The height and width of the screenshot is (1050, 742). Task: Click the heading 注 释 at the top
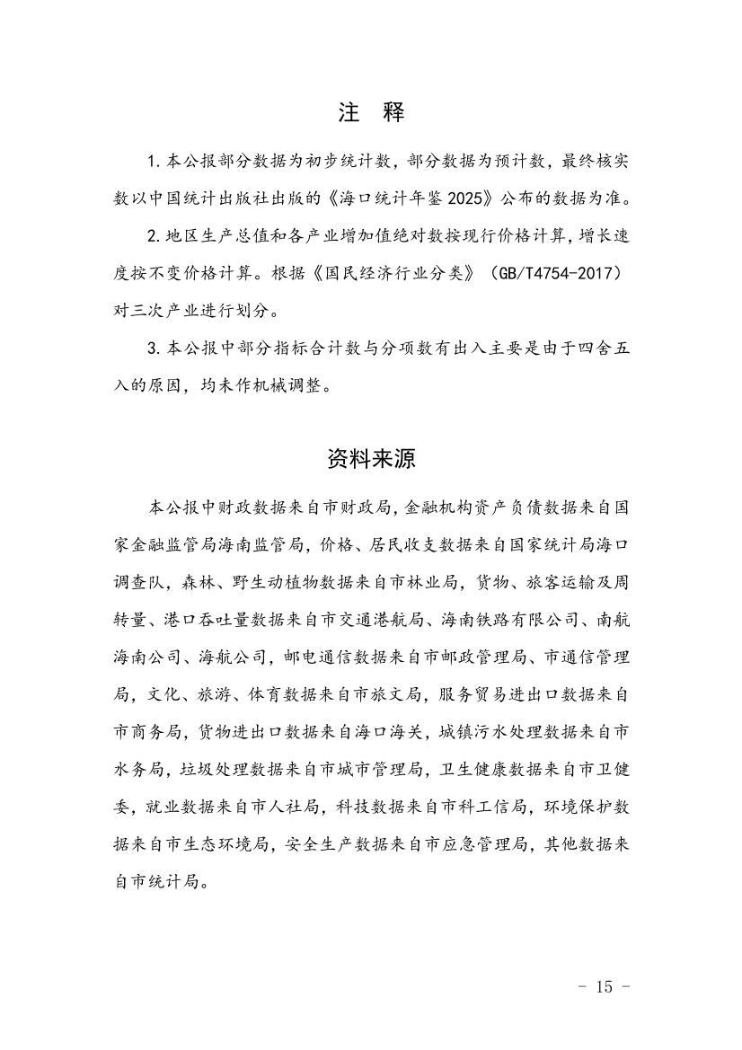tap(371, 112)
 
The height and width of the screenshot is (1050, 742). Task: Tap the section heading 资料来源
tap(371, 459)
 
